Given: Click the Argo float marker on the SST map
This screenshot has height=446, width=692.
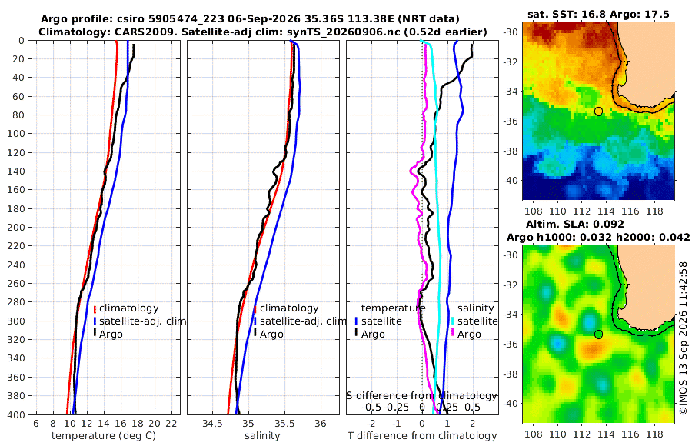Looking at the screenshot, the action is click(598, 111).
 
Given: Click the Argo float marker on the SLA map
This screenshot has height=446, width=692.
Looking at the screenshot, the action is click(598, 334).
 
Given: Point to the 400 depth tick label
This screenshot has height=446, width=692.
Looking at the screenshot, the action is click(17, 414).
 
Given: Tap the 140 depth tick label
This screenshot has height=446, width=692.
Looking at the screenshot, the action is click(17, 171).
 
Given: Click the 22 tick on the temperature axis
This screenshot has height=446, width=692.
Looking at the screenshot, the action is click(171, 424).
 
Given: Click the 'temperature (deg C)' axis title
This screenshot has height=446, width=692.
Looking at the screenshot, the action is click(104, 436).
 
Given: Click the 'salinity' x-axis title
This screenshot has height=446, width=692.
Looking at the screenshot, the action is click(263, 436).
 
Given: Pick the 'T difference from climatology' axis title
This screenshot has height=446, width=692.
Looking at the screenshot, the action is click(422, 436).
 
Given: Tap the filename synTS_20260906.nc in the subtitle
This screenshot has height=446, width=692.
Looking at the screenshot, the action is click(338, 32).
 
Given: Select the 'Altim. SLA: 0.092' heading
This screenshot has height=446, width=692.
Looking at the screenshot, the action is click(575, 224).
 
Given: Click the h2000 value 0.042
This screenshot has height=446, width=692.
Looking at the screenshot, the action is click(674, 237).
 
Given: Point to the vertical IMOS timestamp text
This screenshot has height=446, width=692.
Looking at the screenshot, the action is click(684, 338).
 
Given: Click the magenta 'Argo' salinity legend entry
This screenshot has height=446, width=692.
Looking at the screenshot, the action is click(469, 334).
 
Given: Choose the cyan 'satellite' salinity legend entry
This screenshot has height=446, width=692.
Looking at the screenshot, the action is click(474, 321).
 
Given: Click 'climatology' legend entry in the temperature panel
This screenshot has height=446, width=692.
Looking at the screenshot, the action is click(126, 308).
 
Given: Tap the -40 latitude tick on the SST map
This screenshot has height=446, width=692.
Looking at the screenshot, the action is click(511, 180).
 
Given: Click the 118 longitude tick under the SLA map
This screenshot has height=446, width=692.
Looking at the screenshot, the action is click(654, 434).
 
